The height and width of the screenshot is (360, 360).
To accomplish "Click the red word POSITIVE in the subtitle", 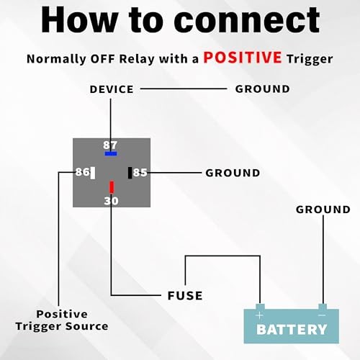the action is (243, 58).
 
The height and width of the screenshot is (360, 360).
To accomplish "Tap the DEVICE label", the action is (112, 89).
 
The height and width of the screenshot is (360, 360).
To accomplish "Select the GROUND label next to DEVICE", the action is (263, 89).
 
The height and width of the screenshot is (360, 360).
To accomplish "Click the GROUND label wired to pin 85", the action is (233, 173).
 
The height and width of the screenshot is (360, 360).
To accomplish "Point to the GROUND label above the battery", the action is (323, 210).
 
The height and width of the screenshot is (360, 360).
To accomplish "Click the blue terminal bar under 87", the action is (111, 153).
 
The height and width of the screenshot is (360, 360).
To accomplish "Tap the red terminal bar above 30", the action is (112, 187).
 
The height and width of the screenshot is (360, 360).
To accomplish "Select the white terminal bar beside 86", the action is (93, 173).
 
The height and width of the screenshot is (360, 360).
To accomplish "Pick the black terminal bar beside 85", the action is (130, 173).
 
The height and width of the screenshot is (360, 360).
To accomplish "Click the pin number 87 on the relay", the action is (110, 145).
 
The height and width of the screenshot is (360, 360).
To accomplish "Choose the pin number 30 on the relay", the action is (111, 201).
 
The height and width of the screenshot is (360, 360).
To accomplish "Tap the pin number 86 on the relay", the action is (82, 172).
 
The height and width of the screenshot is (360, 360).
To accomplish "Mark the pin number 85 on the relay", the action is (140, 173).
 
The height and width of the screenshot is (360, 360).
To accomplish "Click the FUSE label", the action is (185, 296).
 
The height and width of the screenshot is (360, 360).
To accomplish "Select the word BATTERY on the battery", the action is (292, 330).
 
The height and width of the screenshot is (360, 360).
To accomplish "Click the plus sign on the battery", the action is (260, 315).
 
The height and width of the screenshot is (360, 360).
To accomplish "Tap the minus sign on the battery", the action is (322, 315).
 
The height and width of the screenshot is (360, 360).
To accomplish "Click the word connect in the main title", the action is (247, 20).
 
